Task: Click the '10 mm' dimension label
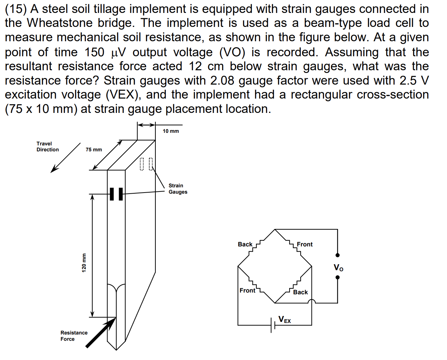(171, 131)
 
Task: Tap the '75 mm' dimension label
(94, 150)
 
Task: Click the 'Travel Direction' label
(47, 146)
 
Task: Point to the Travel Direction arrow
(65, 158)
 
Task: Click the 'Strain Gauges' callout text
(178, 189)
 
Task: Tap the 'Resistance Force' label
(74, 336)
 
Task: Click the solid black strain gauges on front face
(116, 194)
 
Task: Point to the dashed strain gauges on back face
(146, 164)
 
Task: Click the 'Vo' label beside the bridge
(338, 268)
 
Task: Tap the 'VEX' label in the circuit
(285, 319)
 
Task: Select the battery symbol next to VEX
(273, 325)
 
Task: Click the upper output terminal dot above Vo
(337, 255)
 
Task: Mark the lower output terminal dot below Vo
(337, 278)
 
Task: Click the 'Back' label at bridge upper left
(245, 244)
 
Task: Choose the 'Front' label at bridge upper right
(305, 244)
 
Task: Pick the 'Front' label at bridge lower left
(247, 290)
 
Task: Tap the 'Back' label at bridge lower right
(300, 292)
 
